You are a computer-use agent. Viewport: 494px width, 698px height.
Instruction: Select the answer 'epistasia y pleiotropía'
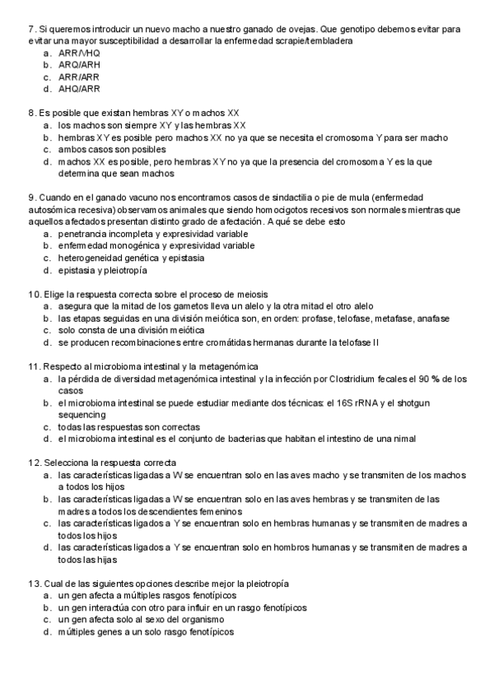(103, 270)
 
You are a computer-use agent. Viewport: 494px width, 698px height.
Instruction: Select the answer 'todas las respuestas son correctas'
(129, 427)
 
